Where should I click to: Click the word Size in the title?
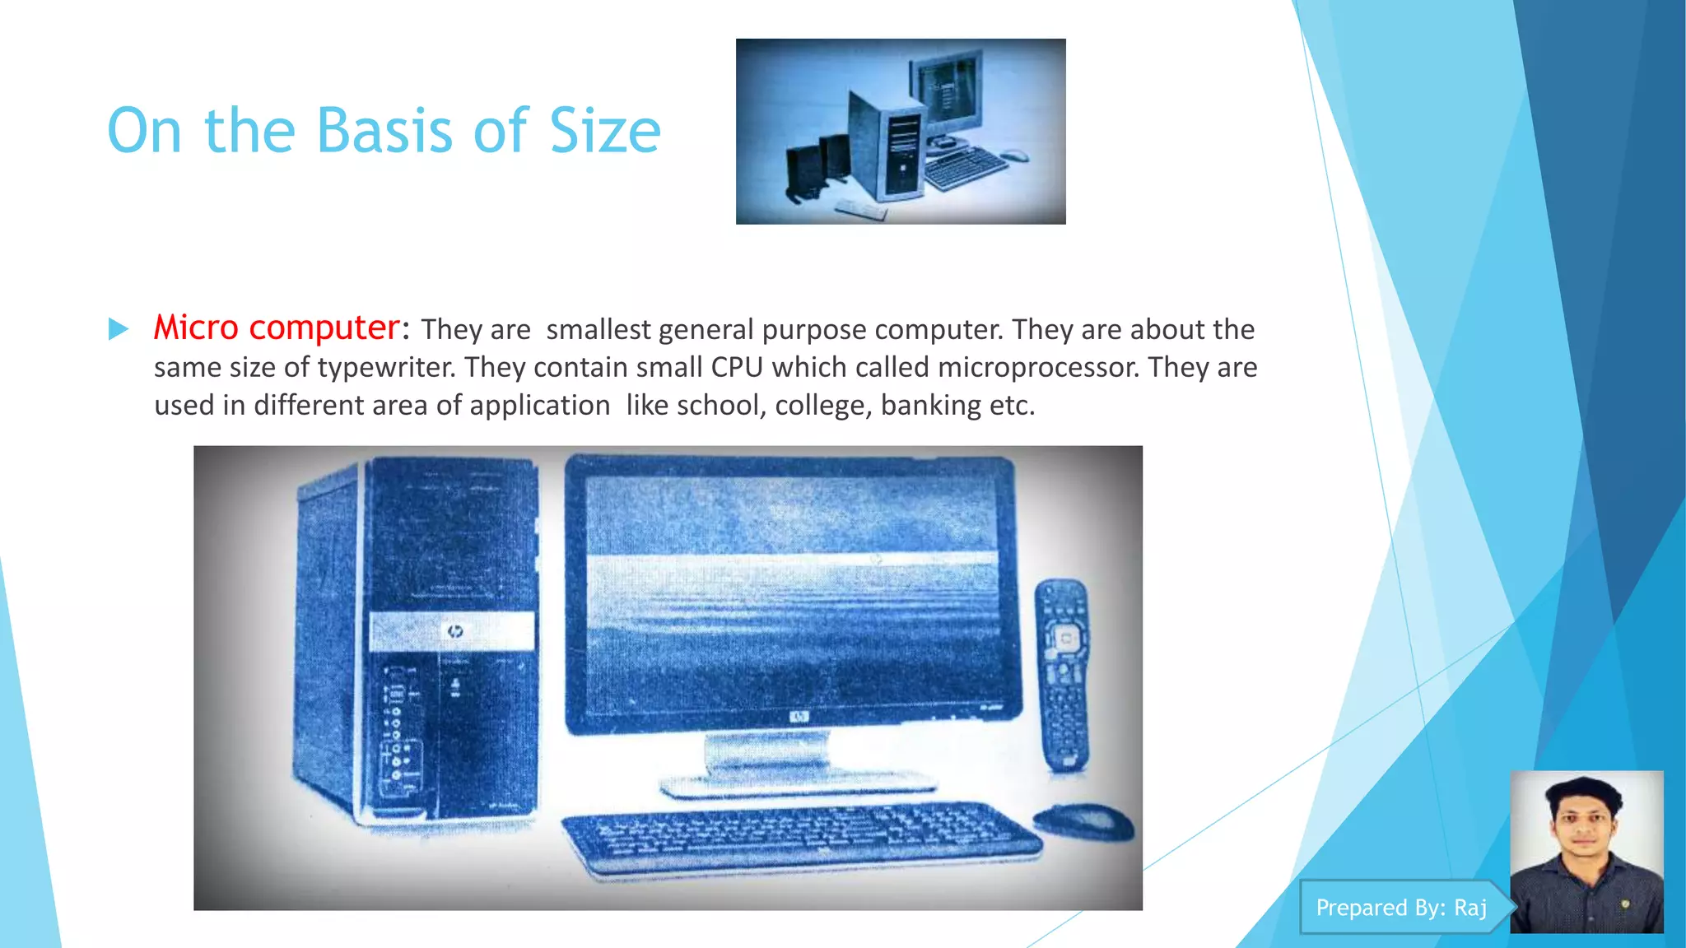click(x=605, y=131)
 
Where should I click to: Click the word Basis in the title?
click(x=384, y=131)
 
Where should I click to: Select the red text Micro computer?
click(x=277, y=328)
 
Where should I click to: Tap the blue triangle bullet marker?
click(x=119, y=329)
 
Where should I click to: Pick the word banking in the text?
click(x=930, y=405)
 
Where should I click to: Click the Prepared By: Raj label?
click(x=1401, y=907)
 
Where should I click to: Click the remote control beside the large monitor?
click(x=1062, y=675)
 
